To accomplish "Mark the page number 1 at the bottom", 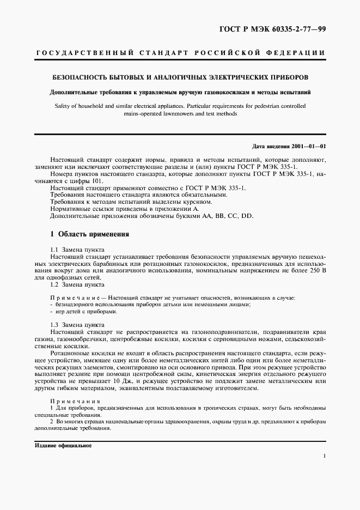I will (324, 456).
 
